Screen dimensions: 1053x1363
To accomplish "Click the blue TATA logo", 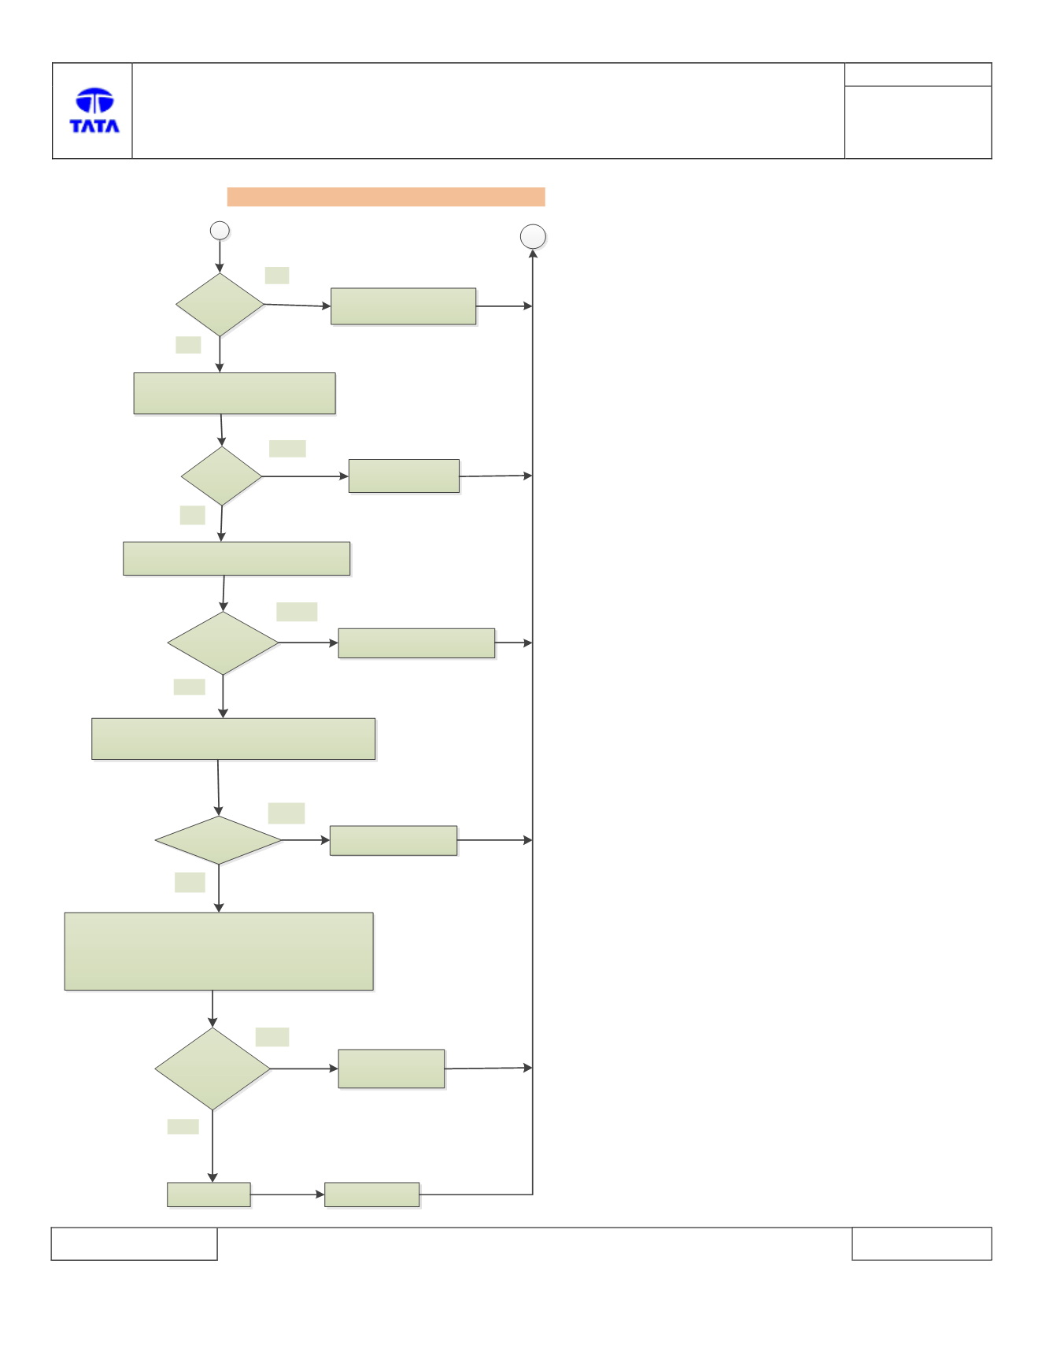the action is coord(94,110).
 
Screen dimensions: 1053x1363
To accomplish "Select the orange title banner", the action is coord(386,197).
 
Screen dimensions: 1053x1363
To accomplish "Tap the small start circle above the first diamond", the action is coord(220,231).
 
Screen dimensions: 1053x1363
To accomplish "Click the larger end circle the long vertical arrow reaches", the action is coord(533,237).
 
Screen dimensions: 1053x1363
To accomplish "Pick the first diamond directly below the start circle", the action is coord(220,305).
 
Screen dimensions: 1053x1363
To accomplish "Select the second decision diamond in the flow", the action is coord(221,476).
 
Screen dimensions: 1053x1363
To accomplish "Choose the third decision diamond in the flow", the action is coord(223,643).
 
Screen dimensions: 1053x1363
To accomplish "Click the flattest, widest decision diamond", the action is coord(218,840).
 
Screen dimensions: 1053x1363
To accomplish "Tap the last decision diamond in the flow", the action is coord(212,1069).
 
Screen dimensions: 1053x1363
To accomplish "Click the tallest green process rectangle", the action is coord(219,951).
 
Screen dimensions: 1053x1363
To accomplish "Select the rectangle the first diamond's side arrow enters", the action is coord(403,306).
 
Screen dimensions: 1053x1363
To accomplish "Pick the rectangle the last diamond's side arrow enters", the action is coord(391,1069).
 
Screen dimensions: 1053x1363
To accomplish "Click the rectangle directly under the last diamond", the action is coord(209,1194).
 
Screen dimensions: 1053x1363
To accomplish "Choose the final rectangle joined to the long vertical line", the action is coord(371,1194).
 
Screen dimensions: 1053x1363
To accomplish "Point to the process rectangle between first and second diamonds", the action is coord(235,394).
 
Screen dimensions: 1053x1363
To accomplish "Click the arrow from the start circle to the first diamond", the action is coord(220,257).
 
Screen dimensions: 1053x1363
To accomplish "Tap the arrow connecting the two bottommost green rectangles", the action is coord(287,1194).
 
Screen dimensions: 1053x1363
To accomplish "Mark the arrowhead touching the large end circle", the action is coord(533,254).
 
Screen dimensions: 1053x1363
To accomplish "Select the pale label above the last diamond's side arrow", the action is coord(272,1037).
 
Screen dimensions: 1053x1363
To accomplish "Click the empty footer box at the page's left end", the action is coord(134,1243).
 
